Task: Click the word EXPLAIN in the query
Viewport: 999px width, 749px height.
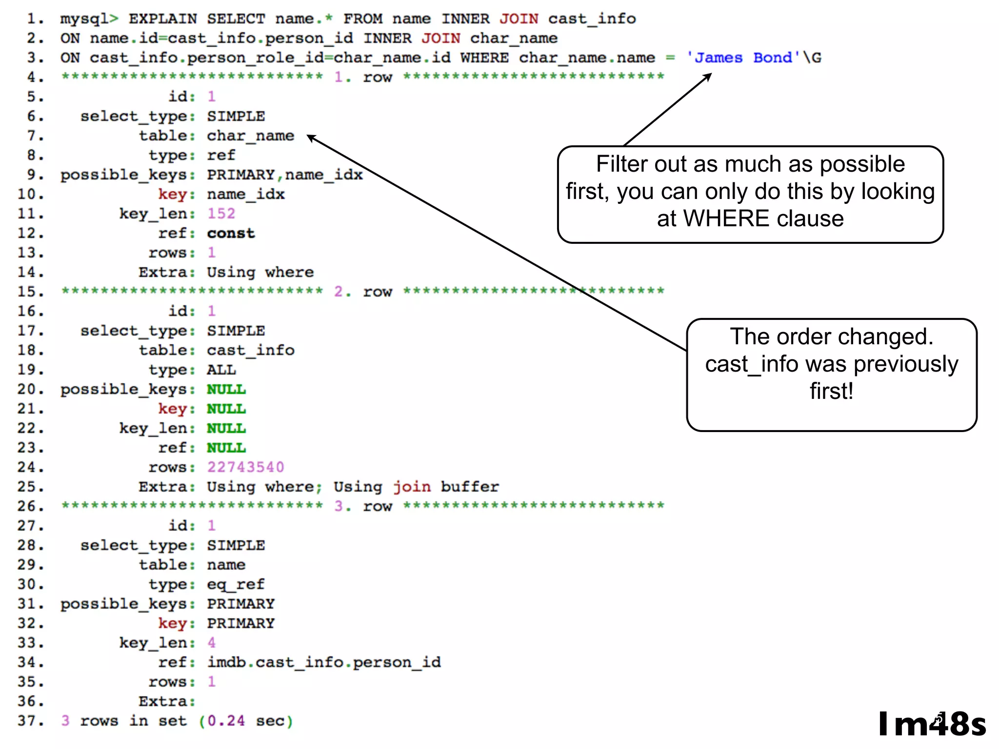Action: (162, 19)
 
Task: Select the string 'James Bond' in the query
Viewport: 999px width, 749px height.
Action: (743, 58)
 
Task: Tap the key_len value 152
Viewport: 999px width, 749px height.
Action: (221, 214)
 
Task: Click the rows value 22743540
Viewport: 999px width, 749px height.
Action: (245, 467)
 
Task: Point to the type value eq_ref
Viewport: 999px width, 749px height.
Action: (236, 584)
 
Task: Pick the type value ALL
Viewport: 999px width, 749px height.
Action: (221, 370)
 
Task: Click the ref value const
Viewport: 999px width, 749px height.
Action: (231, 233)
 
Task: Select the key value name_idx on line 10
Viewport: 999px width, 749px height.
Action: (245, 194)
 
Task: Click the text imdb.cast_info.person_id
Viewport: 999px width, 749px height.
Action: (324, 662)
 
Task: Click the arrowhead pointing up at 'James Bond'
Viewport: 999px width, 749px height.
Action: (708, 76)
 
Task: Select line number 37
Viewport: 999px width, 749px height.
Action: (30, 721)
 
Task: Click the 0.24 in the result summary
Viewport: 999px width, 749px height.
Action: (226, 721)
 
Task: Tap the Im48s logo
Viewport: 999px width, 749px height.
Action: (932, 724)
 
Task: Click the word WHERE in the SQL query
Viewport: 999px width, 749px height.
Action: (484, 58)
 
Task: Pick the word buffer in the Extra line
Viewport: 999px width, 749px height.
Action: (470, 487)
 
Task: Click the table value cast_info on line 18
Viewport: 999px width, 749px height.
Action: (250, 350)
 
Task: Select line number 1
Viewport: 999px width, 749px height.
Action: (35, 19)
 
